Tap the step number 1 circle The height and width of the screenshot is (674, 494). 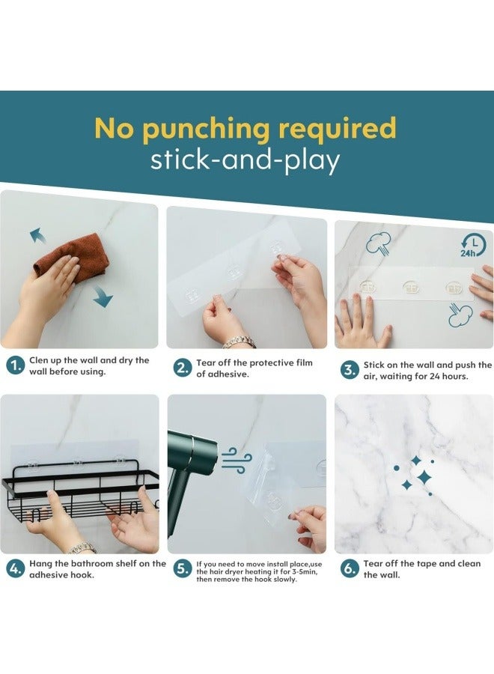click(15, 365)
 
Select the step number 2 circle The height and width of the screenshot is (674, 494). click(182, 368)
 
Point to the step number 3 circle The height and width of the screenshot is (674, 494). click(349, 370)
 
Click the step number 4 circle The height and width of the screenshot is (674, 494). click(15, 569)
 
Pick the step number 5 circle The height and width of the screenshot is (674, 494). click(182, 569)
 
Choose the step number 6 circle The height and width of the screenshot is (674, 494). click(349, 569)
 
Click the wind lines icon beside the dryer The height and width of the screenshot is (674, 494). click(234, 460)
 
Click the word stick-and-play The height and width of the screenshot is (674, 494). click(245, 160)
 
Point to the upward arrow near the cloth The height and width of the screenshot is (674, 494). click(37, 236)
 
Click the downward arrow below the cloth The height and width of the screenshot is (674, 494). click(103, 297)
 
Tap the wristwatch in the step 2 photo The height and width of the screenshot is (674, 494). click(240, 342)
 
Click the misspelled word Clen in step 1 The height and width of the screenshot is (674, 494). click(39, 360)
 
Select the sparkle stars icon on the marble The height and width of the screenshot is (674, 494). click(415, 476)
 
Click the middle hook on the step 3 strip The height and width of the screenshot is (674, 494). click(411, 287)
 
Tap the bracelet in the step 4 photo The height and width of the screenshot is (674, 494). click(82, 548)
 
